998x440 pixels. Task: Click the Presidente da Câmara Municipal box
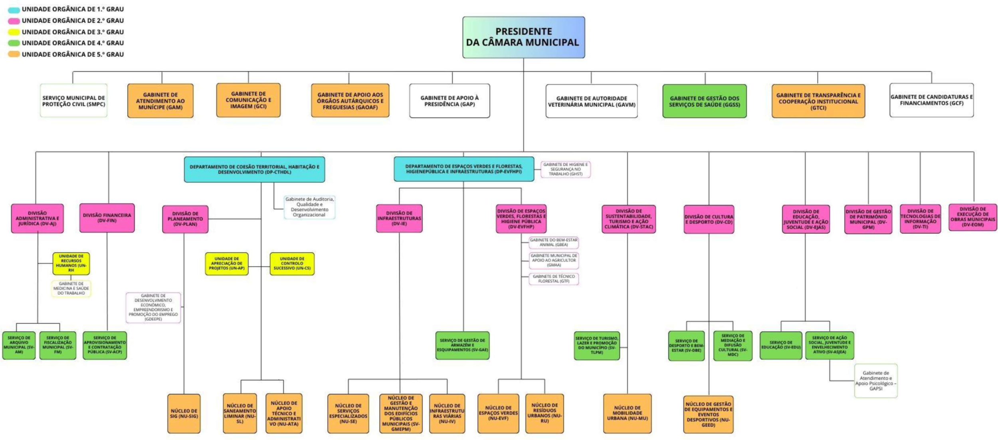523,37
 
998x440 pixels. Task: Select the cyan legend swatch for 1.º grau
14,10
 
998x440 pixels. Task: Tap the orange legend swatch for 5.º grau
14,54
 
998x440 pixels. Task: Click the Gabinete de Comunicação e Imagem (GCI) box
248,100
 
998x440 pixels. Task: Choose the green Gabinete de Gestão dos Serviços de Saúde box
704,101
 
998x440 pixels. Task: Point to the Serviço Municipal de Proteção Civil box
74,101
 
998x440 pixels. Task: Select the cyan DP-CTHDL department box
254,169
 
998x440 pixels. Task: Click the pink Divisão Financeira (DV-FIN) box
107,218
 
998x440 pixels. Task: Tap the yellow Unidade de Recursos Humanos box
71,263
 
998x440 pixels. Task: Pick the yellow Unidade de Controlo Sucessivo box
292,264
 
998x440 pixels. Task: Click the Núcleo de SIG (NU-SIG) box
184,414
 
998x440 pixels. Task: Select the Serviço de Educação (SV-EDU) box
780,345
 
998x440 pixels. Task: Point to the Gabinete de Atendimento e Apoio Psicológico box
875,380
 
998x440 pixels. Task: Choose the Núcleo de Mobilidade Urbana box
627,414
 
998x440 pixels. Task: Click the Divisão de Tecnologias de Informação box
920,219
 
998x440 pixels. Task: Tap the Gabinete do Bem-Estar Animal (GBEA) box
553,243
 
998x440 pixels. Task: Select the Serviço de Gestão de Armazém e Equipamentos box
462,345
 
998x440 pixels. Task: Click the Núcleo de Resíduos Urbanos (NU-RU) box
545,414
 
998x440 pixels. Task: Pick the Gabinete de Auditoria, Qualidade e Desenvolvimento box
309,207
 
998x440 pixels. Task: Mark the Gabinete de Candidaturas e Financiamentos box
931,100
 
